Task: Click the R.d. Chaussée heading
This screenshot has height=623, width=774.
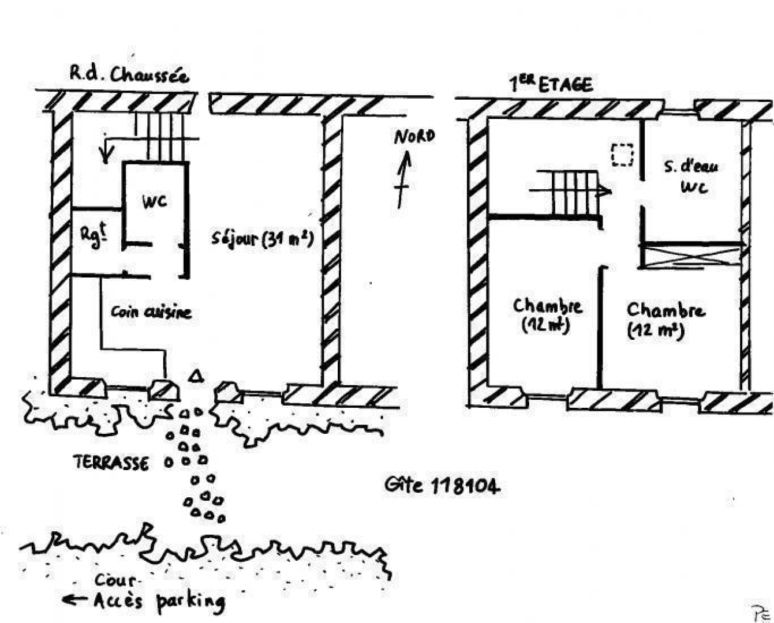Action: (x=129, y=74)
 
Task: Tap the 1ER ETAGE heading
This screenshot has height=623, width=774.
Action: (x=551, y=84)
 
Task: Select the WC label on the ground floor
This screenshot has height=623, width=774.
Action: (x=155, y=201)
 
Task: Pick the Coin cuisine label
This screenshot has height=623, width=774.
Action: (x=151, y=312)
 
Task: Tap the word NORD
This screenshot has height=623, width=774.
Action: (x=414, y=137)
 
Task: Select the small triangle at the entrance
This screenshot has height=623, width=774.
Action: (x=196, y=376)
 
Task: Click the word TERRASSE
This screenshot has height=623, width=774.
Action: (x=111, y=463)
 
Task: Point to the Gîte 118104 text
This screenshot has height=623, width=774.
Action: (x=442, y=486)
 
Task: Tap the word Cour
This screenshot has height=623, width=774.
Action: (x=115, y=580)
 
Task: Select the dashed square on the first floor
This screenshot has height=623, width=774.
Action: (x=622, y=155)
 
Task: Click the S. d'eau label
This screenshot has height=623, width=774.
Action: (x=691, y=167)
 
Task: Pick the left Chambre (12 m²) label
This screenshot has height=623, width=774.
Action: (x=547, y=314)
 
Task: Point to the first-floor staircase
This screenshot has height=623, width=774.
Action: (x=569, y=192)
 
